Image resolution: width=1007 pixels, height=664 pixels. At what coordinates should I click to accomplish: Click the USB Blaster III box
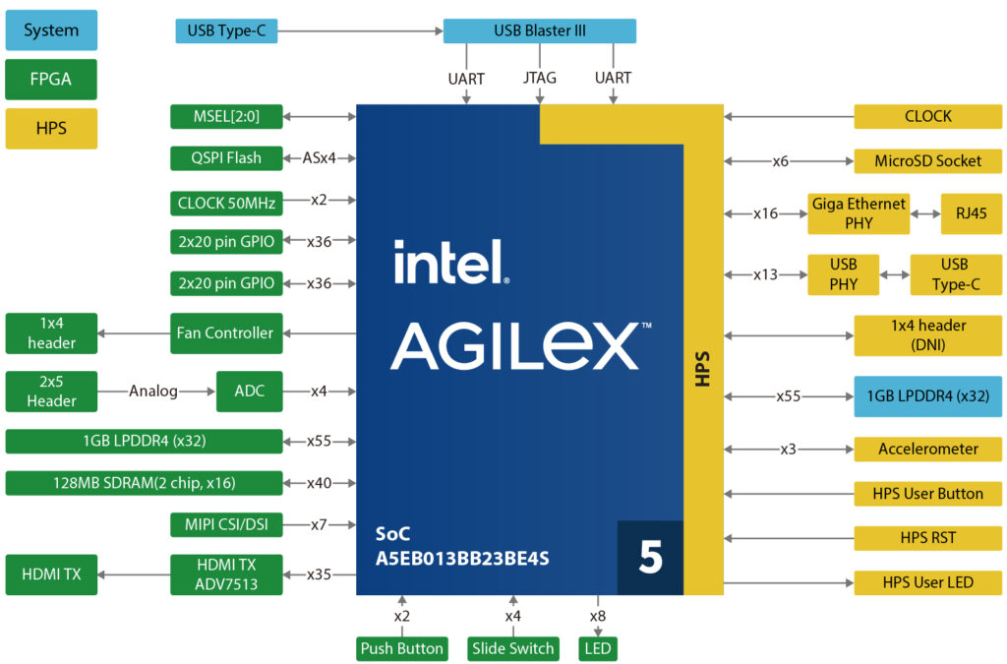[539, 31]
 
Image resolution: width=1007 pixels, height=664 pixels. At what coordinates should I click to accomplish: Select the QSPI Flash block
[226, 157]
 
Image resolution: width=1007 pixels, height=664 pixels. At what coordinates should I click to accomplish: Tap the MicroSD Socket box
[928, 161]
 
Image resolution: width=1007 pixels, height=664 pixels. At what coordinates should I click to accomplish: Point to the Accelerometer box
[928, 450]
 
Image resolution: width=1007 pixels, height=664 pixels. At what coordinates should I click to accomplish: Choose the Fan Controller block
[226, 332]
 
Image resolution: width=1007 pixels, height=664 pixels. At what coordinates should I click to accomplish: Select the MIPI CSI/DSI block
[226, 525]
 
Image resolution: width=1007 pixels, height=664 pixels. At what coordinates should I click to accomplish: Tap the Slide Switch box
[513, 649]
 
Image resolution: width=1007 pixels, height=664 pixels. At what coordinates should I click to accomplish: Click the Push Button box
[401, 649]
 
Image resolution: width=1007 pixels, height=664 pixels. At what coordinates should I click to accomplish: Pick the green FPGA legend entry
[51, 80]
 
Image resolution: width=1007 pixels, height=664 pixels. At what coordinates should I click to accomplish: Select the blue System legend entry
[51, 30]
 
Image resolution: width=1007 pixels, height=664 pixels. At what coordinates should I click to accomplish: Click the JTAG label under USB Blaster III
[540, 78]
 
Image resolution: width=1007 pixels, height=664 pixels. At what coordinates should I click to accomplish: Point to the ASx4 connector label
[317, 157]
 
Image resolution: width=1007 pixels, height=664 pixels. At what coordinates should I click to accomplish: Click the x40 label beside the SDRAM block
[319, 483]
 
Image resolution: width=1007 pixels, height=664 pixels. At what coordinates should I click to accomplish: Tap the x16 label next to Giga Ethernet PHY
[766, 213]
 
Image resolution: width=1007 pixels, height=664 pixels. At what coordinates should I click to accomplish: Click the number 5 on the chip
[650, 558]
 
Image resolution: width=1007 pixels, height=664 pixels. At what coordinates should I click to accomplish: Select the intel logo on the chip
[449, 263]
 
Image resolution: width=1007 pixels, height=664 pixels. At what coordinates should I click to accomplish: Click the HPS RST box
[928, 538]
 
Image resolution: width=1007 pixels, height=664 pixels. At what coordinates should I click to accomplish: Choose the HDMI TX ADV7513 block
[226, 574]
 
